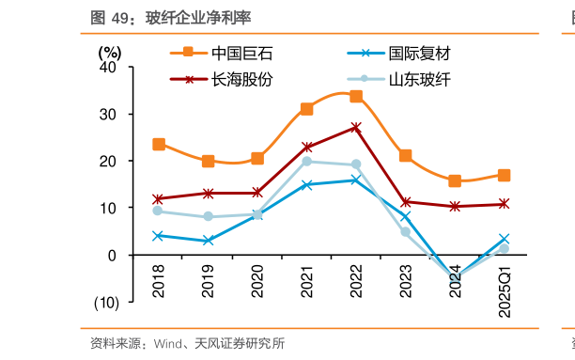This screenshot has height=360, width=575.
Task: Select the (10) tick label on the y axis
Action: point(105,302)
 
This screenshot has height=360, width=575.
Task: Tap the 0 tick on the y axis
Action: point(112,255)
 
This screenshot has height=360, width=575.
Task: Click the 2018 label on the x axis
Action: point(158,280)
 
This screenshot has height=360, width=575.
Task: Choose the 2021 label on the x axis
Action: point(306,280)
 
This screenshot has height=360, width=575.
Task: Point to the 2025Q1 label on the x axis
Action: point(505,290)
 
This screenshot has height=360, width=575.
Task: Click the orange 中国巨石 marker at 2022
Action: point(356,96)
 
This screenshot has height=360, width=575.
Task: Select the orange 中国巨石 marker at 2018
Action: point(159,144)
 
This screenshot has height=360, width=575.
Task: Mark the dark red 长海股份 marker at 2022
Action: point(356,127)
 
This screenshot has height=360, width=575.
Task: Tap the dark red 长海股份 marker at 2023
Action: point(405,202)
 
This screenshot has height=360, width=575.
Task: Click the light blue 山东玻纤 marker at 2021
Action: point(306,162)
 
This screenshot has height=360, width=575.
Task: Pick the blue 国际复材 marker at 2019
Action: point(208,241)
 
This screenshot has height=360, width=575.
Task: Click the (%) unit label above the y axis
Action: point(110,50)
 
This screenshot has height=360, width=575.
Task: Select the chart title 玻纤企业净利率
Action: point(198,18)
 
